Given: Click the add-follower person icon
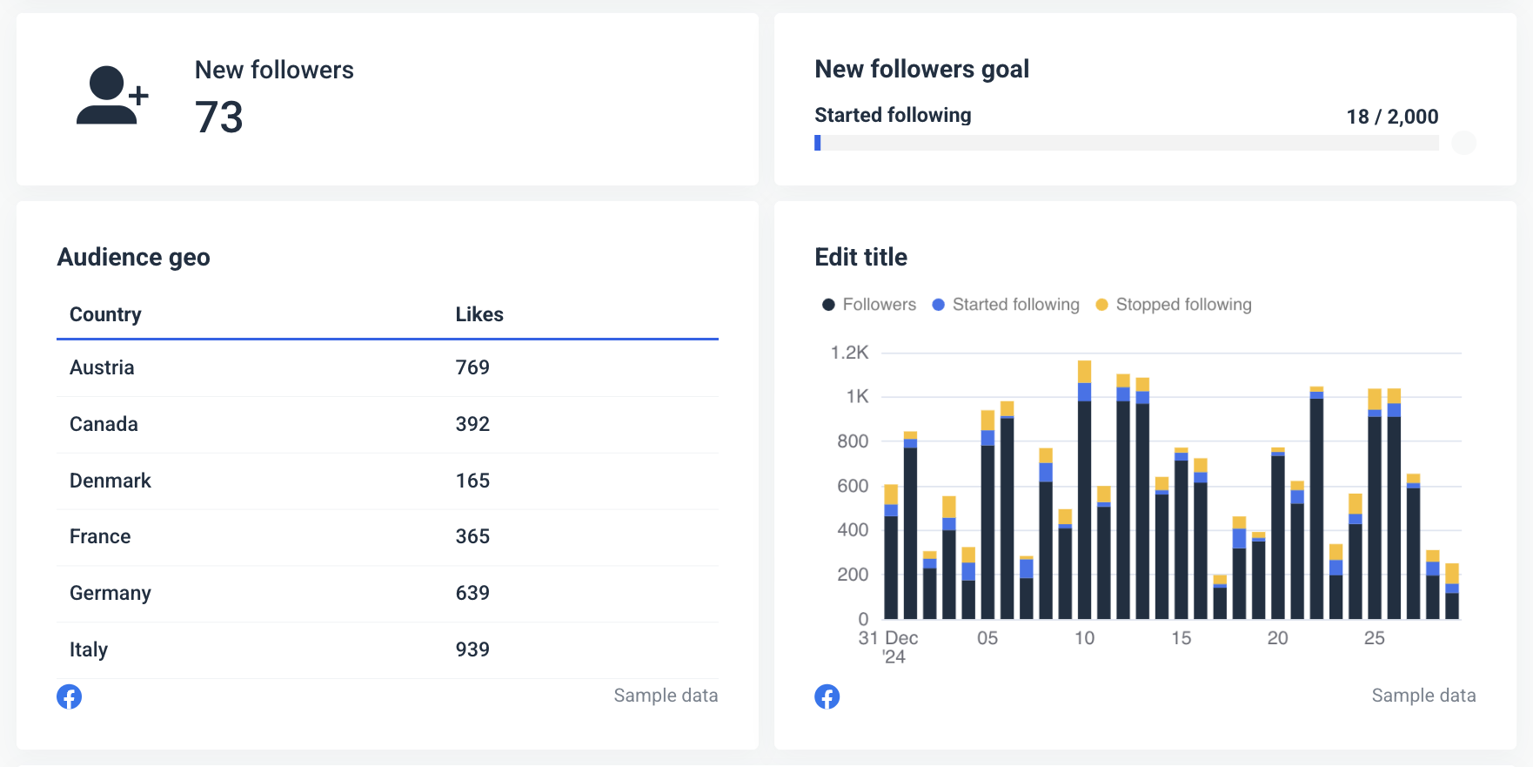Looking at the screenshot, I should tap(111, 96).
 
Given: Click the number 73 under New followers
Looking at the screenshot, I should tap(218, 118).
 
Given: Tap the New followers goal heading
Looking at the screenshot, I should tap(921, 69).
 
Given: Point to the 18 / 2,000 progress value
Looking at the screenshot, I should tap(1391, 117).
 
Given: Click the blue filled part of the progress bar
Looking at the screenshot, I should tap(818, 143).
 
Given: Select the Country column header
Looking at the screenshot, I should tap(105, 314).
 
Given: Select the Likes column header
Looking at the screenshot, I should tap(479, 314).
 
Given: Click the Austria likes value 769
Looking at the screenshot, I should tap(472, 367).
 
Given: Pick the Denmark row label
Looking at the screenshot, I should tap(110, 481).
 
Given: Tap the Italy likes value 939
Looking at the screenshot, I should tap(472, 649).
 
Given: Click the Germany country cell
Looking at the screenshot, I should tap(110, 593).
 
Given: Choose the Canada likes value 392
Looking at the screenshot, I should tap(472, 424).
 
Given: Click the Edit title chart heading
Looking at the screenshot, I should tap(860, 257).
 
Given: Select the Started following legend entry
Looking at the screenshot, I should tap(1014, 305).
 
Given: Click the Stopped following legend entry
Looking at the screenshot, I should tap(1182, 305).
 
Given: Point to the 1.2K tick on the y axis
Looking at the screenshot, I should tap(849, 353).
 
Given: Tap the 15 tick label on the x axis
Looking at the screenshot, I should tap(1181, 638).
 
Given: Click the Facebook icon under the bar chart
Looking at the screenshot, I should tap(827, 696).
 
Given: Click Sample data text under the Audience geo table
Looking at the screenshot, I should tap(666, 696).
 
